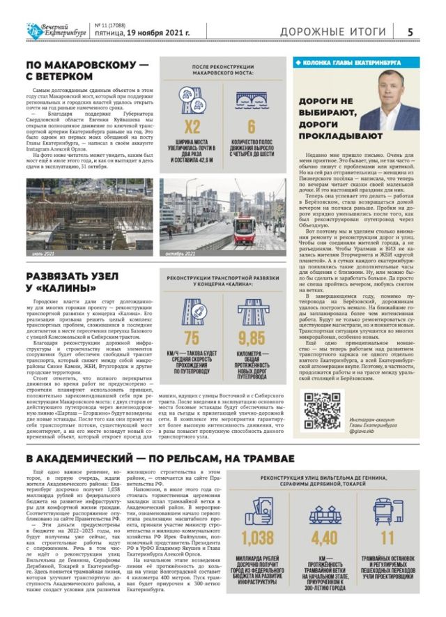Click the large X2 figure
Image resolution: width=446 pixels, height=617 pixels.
[192, 127]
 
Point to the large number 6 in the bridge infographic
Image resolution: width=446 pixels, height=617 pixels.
[252, 127]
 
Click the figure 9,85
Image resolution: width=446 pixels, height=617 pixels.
[252, 338]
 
